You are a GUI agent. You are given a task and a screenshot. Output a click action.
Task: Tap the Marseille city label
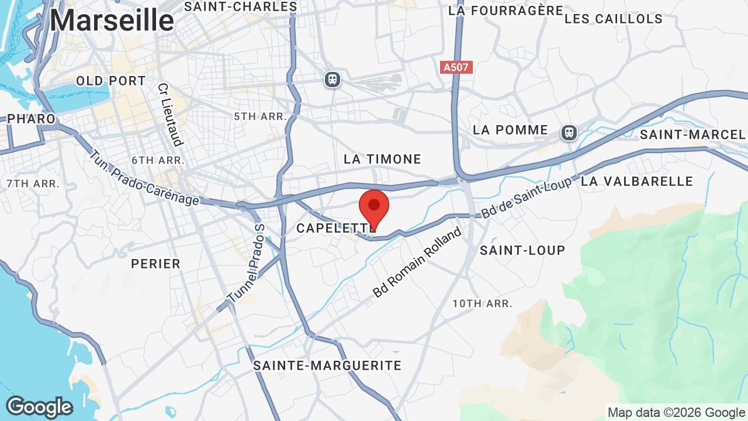[x=112, y=20]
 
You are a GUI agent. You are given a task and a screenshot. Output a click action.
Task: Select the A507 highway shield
[x=456, y=67]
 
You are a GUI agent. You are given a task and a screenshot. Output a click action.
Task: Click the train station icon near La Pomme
[x=569, y=132]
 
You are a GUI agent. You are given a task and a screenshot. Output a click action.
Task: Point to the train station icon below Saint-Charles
[x=333, y=79]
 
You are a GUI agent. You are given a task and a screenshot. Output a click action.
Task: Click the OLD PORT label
[x=111, y=81]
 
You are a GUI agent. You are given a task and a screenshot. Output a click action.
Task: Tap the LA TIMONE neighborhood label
[x=382, y=159]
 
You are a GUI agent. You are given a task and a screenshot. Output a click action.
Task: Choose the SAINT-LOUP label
[x=522, y=250]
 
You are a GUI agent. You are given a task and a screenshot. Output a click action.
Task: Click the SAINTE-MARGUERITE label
[x=327, y=365]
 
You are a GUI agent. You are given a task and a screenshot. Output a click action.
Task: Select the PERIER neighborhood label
[x=156, y=264]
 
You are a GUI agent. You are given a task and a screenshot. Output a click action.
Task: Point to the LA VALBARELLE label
[x=637, y=181]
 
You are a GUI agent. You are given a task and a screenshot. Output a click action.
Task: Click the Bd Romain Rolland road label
[x=417, y=263]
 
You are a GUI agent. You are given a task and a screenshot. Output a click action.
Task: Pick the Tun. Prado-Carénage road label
[x=144, y=178]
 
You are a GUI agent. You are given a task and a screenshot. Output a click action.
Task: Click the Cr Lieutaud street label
[x=170, y=114]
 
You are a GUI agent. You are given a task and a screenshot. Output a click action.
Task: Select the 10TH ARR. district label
[x=482, y=303]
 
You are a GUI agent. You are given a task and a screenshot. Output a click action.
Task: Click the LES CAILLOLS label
[x=614, y=19]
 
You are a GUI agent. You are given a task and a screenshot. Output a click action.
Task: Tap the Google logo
[x=39, y=408]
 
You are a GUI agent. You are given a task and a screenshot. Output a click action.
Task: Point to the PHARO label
[x=31, y=119]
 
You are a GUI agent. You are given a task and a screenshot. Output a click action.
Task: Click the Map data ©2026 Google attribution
[x=677, y=413]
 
